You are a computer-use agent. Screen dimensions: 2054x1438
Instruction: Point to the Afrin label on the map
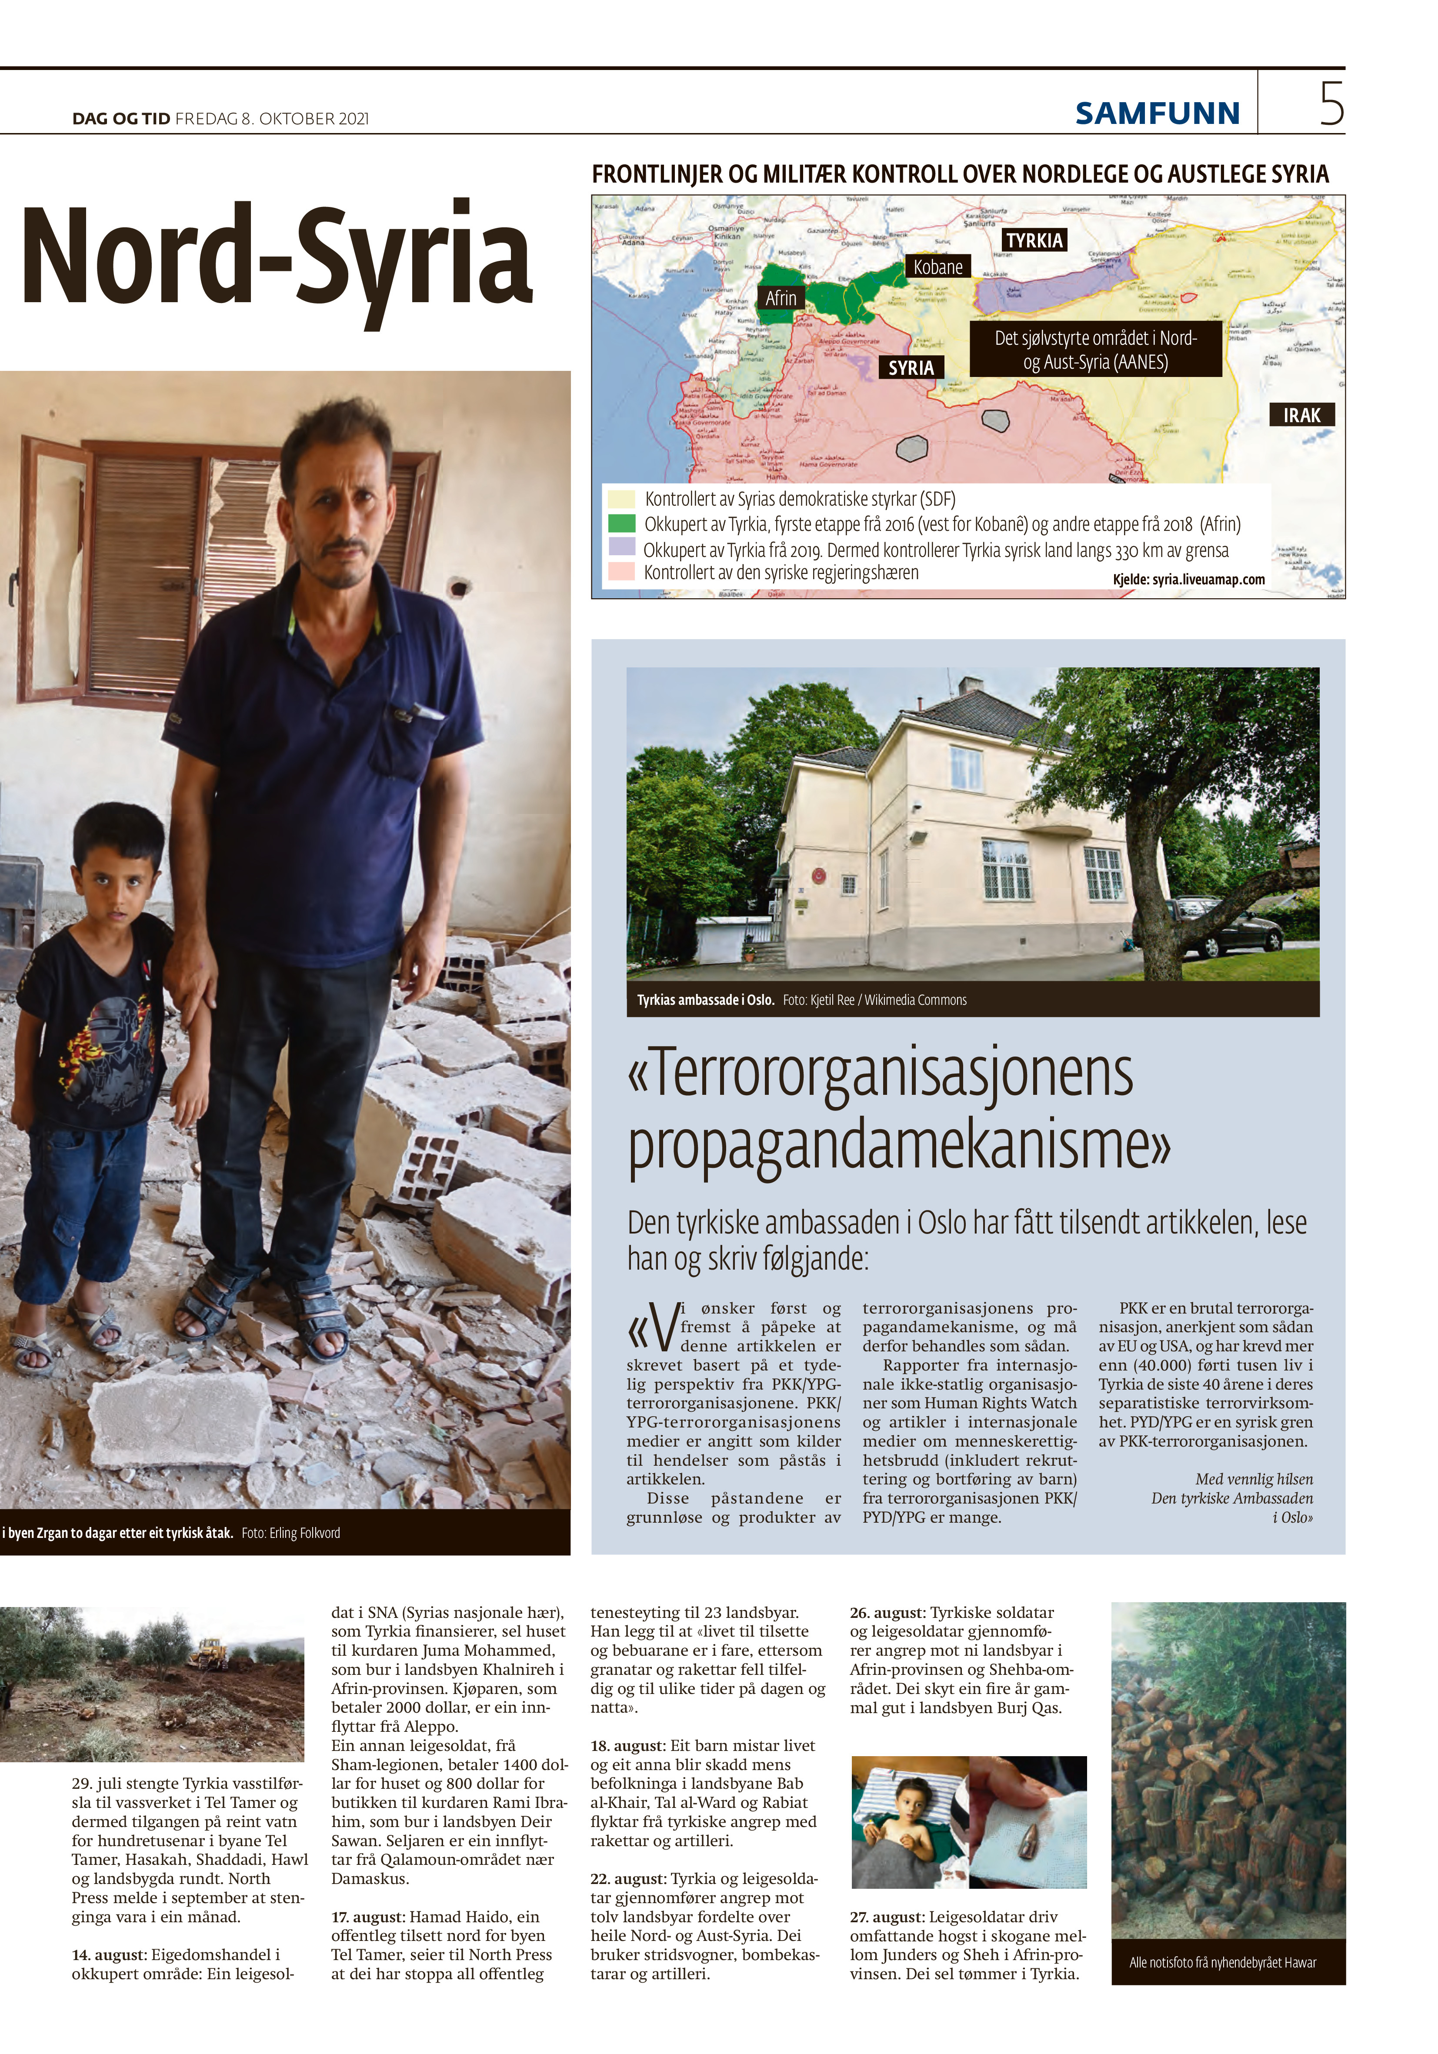coord(780,298)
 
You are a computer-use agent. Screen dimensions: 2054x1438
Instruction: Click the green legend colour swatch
coord(621,524)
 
